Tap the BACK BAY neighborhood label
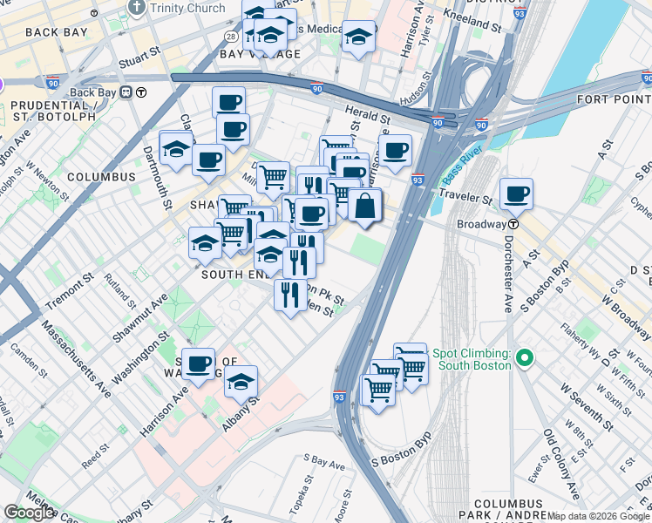(57, 32)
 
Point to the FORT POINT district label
(614, 100)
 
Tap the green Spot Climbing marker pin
(524, 358)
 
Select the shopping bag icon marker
(365, 207)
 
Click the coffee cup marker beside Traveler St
(516, 194)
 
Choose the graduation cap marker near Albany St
(241, 382)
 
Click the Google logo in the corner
(29, 513)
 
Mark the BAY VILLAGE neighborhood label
(260, 54)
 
